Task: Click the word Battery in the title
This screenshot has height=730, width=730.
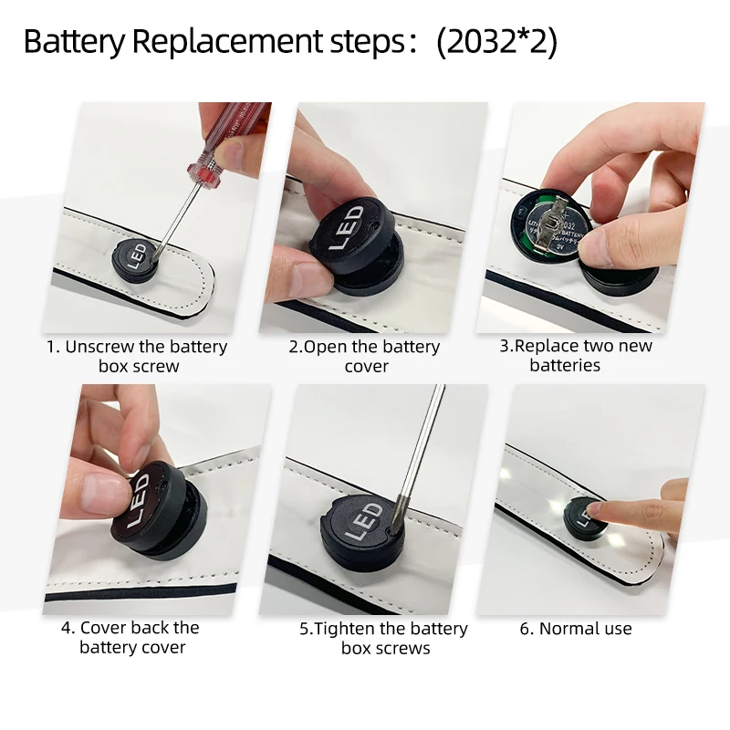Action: coord(75,42)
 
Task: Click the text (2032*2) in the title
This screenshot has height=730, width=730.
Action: coord(496,42)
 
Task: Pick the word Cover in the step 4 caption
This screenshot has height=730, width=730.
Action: coord(103,628)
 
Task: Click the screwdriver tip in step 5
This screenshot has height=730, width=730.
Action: coord(397,526)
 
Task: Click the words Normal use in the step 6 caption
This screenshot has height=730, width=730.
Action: coord(585,629)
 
